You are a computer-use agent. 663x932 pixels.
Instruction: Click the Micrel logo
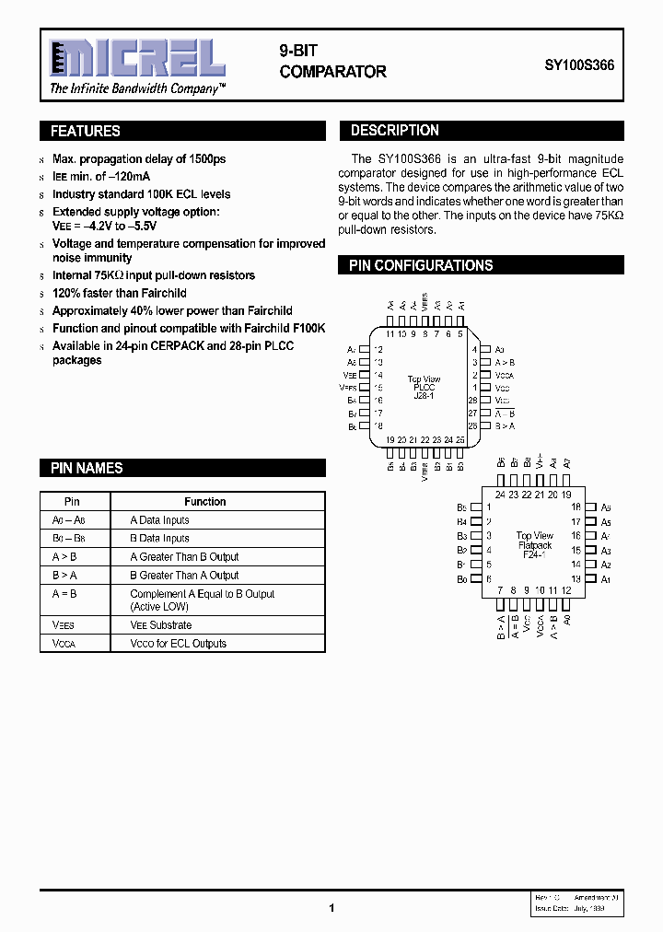click(x=137, y=58)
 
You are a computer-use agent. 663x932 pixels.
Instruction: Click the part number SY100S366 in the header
click(x=579, y=66)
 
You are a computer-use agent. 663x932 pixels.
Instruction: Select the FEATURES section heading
click(x=86, y=132)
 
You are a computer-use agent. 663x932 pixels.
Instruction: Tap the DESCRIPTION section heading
click(x=395, y=131)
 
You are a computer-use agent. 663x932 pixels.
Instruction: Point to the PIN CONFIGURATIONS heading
click(x=421, y=265)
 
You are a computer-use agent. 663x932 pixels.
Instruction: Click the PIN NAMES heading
click(x=87, y=468)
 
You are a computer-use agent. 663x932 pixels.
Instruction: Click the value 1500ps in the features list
click(x=206, y=159)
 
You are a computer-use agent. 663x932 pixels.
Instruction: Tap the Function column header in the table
click(x=204, y=502)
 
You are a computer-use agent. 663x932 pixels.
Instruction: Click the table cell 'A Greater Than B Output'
click(x=184, y=557)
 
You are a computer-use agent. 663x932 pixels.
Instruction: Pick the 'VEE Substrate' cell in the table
click(x=161, y=625)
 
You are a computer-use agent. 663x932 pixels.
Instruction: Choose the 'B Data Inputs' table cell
click(x=159, y=539)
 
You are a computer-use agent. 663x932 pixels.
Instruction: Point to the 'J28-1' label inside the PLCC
click(x=424, y=396)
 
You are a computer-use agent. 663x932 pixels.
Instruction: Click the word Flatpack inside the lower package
click(x=534, y=545)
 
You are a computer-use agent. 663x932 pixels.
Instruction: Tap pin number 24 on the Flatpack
click(x=500, y=495)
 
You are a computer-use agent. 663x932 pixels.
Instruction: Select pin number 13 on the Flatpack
click(x=576, y=579)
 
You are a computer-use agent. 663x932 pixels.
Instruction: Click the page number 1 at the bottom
click(x=331, y=908)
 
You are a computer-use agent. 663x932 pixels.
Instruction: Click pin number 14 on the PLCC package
click(x=378, y=376)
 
